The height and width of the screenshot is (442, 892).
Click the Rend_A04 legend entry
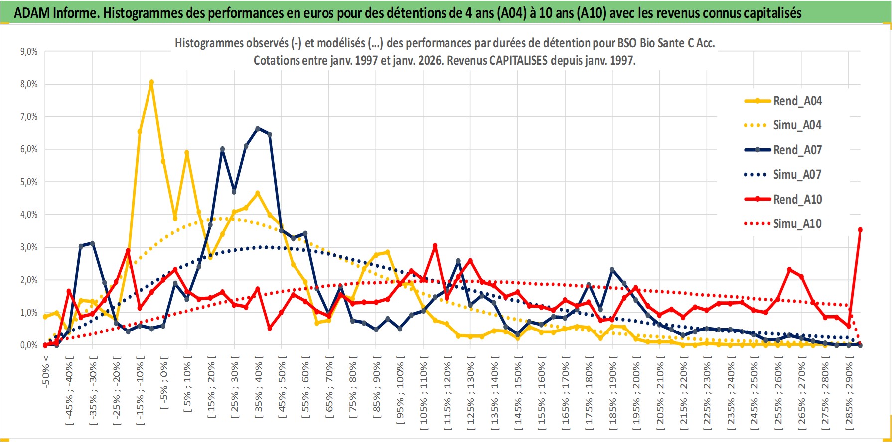pos(797,101)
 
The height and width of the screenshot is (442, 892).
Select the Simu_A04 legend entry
pos(797,125)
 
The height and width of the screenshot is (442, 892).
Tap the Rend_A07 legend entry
pos(797,150)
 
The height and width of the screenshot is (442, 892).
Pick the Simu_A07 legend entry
pos(797,175)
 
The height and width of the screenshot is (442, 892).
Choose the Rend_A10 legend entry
pos(797,199)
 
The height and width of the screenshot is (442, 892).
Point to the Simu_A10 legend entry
pos(797,224)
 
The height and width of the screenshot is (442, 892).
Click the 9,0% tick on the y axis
pos(29,52)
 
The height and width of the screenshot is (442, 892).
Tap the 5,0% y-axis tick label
pos(29,182)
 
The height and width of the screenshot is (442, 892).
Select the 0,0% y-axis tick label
pos(29,345)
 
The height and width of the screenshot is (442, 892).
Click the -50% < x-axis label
pos(46,371)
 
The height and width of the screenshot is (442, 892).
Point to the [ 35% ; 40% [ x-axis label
pos(259,391)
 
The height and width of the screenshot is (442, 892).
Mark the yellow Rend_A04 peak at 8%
pos(151,82)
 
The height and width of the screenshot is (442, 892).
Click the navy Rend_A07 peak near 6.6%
pos(258,128)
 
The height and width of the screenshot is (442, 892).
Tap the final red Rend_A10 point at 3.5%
pos(860,230)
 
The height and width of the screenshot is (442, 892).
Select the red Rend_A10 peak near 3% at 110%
pos(435,246)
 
